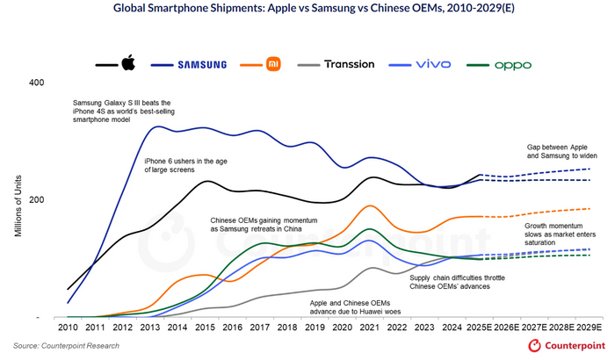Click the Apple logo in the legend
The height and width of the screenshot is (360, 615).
click(x=128, y=63)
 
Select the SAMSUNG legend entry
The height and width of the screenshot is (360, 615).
click(x=202, y=65)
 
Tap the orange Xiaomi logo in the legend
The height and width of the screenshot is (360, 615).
click(x=273, y=64)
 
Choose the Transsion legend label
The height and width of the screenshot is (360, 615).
click(x=349, y=64)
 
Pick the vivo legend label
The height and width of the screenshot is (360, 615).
click(x=433, y=65)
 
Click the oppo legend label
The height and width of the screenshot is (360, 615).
click(x=513, y=65)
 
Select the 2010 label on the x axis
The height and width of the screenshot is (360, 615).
click(x=68, y=328)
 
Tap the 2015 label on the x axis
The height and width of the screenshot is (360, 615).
click(x=205, y=328)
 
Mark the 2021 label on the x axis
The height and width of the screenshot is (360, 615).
click(x=370, y=328)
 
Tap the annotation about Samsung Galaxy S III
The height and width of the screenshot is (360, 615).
click(x=122, y=111)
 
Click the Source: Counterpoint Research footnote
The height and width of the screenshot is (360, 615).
click(x=66, y=346)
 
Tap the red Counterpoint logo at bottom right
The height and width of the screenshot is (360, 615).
click(x=567, y=346)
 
